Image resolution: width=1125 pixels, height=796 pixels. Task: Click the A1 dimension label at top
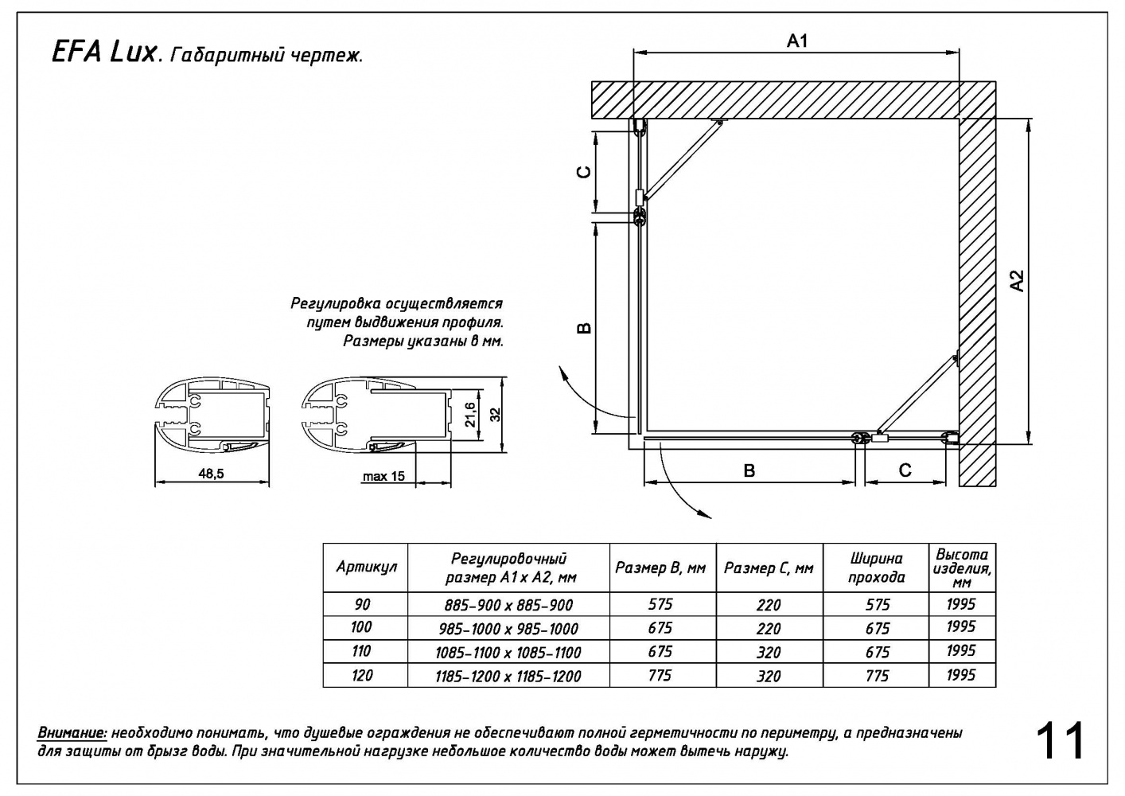pyautogui.click(x=797, y=41)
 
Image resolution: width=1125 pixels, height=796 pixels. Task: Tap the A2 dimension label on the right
pyautogui.click(x=1017, y=280)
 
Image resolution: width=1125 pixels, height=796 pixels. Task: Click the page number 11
pyautogui.click(x=1061, y=742)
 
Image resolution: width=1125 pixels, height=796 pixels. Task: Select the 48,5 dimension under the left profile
pyautogui.click(x=211, y=474)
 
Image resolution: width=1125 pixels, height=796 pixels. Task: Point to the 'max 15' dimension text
pyautogui.click(x=383, y=476)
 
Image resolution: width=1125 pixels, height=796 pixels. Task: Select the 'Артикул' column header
pyautogui.click(x=366, y=567)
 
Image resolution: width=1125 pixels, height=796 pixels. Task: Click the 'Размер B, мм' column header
pyautogui.click(x=660, y=568)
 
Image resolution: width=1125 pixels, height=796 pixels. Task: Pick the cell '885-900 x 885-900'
pyautogui.click(x=508, y=605)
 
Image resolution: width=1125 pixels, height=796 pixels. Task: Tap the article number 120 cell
pyautogui.click(x=361, y=675)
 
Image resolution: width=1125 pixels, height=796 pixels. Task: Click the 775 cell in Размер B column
pyautogui.click(x=660, y=675)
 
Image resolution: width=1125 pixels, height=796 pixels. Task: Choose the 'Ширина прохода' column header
pyautogui.click(x=877, y=568)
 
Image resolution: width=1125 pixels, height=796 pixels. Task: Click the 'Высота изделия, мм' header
pyautogui.click(x=961, y=568)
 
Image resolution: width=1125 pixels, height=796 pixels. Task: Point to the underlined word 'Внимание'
pyautogui.click(x=72, y=732)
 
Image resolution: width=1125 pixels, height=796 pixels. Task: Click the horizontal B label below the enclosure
pyautogui.click(x=749, y=471)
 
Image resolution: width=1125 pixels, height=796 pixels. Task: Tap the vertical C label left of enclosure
pyautogui.click(x=583, y=171)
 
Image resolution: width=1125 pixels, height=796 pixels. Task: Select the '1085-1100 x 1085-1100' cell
pyautogui.click(x=508, y=653)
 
